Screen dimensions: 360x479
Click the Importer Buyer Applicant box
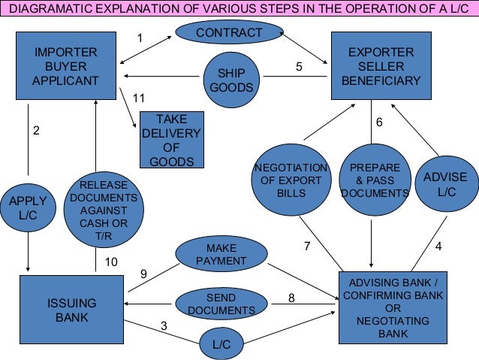pos(66,65)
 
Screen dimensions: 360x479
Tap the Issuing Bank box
pos(71,310)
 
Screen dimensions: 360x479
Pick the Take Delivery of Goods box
pos(171,141)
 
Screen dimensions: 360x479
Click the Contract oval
pos(229,33)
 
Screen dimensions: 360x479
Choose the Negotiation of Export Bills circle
pos(291,181)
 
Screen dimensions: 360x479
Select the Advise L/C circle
pos(445,185)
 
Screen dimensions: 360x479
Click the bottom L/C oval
pos(221,344)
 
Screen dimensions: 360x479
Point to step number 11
pos(138,98)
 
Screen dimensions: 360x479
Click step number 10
pos(111,262)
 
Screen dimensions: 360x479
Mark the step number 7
pos(306,246)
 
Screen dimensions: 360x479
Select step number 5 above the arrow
pos(299,66)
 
